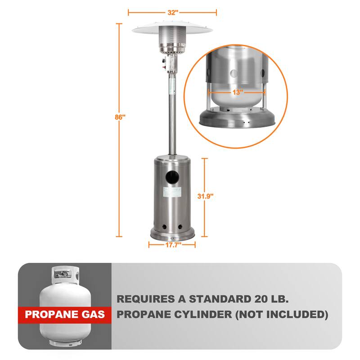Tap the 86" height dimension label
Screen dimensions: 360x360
pos(119,117)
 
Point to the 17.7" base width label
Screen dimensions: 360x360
pos(172,245)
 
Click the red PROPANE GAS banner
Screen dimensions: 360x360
pos(65,314)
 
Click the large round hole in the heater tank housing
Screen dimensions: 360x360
pos(172,178)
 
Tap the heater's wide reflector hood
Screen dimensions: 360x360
pos(172,29)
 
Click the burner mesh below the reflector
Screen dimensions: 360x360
pos(172,43)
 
